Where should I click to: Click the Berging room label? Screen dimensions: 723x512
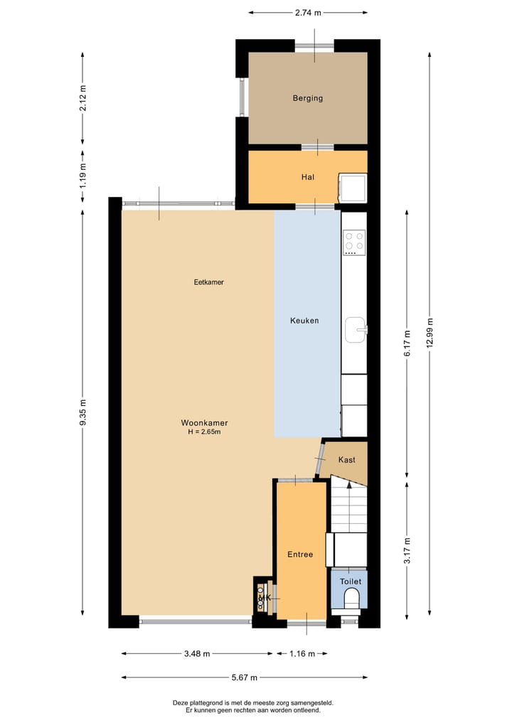tap(307, 98)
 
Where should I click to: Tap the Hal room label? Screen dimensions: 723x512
tap(307, 178)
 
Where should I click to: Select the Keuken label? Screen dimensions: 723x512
tap(304, 321)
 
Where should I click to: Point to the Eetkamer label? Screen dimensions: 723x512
tap(209, 282)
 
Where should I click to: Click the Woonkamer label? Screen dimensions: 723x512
tap(204, 422)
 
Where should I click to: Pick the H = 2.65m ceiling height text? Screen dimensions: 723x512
tap(204, 432)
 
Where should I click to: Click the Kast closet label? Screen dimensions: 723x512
tap(346, 460)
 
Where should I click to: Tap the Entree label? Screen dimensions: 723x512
tap(300, 555)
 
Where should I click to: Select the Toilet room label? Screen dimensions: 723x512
tap(350, 582)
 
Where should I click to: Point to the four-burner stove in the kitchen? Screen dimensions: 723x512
tap(353, 242)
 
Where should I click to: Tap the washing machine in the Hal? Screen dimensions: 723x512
tap(353, 188)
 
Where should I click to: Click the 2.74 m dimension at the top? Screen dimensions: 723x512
tap(308, 12)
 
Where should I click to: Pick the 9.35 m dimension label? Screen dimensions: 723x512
tap(83, 412)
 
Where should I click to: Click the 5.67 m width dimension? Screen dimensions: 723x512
tap(244, 678)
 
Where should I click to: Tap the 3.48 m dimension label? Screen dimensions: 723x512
tap(196, 654)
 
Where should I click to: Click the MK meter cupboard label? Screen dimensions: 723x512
tap(265, 599)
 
